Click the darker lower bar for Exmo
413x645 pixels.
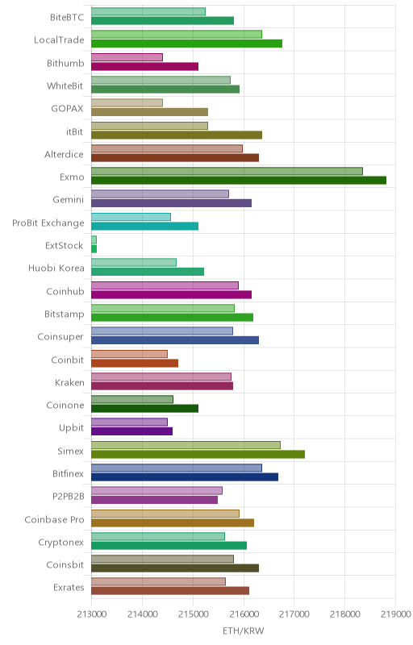click(239, 180)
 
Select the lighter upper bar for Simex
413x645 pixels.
click(186, 445)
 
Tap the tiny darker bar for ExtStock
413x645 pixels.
click(94, 249)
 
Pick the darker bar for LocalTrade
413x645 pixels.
click(187, 44)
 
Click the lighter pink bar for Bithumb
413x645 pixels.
click(127, 57)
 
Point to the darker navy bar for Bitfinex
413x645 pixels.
click(185, 476)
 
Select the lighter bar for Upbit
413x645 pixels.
click(130, 422)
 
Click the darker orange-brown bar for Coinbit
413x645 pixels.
click(135, 363)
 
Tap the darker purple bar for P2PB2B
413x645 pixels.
click(155, 500)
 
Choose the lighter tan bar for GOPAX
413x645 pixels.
click(127, 103)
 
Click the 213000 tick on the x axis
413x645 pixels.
click(92, 614)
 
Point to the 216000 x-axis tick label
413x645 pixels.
click(244, 614)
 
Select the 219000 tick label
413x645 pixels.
click(396, 614)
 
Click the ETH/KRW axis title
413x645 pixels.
click(244, 630)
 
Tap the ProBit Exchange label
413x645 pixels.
click(48, 223)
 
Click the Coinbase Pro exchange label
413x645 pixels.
click(54, 519)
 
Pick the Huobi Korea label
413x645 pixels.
click(56, 268)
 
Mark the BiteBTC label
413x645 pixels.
click(67, 17)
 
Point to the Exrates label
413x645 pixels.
click(69, 588)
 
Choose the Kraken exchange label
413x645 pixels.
click(69, 382)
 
